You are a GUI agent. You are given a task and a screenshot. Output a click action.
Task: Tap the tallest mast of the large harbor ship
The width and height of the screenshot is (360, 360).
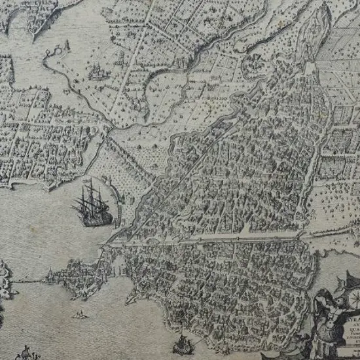(92, 191)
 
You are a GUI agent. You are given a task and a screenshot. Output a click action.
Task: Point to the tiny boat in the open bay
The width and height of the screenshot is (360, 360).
(81, 315)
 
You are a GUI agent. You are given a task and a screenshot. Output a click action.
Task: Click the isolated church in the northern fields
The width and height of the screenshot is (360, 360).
(98, 70)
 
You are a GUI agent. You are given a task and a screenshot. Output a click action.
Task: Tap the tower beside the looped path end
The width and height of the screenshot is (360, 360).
(65, 46)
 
